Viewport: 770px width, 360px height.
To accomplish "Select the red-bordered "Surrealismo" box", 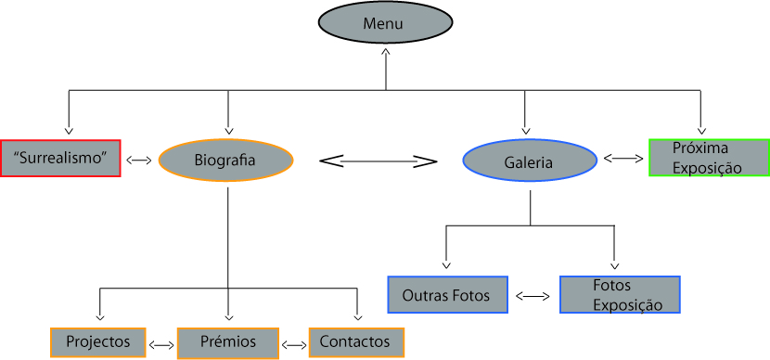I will click(x=61, y=159).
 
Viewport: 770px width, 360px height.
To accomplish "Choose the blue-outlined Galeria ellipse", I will click(x=529, y=162).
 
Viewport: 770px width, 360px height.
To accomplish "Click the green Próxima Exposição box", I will click(x=709, y=158).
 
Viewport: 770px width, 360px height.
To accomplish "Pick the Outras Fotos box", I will click(x=447, y=295).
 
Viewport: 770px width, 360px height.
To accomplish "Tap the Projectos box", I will click(x=97, y=342).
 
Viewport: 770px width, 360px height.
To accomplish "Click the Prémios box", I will click(x=229, y=342).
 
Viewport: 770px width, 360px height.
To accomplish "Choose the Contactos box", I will click(x=355, y=342).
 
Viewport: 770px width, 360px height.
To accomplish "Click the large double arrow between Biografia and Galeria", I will click(x=378, y=161).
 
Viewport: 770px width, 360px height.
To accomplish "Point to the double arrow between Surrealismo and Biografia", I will click(x=139, y=161).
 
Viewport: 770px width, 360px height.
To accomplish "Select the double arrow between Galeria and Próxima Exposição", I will click(x=623, y=159).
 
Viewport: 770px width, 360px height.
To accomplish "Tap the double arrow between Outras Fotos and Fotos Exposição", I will click(x=533, y=297).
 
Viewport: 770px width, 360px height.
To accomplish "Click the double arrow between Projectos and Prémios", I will click(x=161, y=344).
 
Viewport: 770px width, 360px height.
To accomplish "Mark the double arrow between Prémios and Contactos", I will click(x=295, y=344).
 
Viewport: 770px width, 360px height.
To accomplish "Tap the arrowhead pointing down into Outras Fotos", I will click(x=447, y=265).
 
